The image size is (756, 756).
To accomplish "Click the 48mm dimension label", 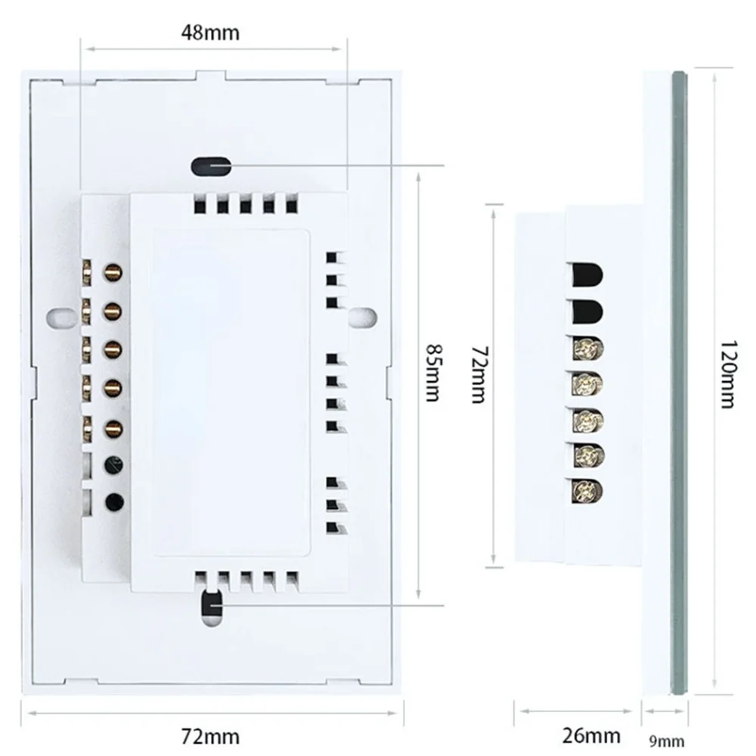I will (210, 33).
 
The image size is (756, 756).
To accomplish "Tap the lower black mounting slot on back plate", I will (210, 606).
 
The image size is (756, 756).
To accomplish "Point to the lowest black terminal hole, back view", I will (114, 500).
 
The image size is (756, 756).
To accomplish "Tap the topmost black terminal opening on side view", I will (587, 273).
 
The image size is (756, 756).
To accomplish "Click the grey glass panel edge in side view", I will (679, 378).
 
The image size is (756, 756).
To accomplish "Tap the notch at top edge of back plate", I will (210, 75).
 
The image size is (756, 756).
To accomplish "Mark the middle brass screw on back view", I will (113, 348).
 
